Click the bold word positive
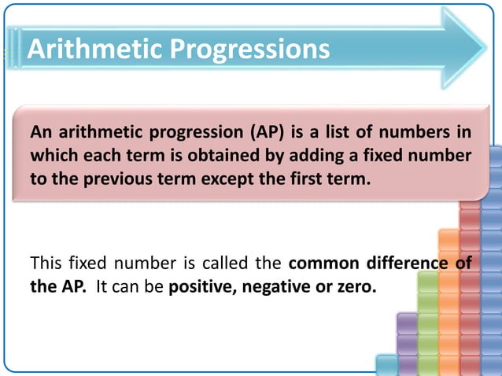201,287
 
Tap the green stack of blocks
427,323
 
